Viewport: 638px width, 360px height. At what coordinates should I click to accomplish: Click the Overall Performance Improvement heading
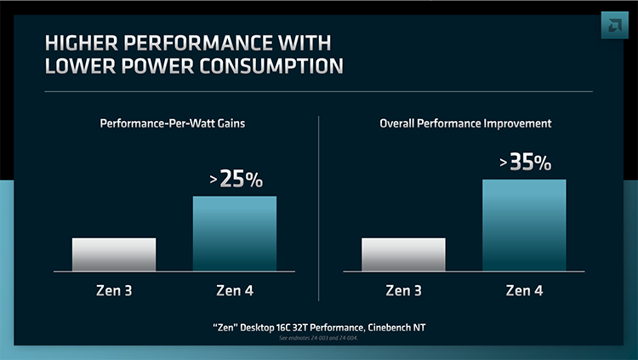(x=464, y=124)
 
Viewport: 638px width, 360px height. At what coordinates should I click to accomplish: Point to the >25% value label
(x=236, y=180)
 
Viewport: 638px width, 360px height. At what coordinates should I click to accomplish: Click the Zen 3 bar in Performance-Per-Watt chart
(x=114, y=254)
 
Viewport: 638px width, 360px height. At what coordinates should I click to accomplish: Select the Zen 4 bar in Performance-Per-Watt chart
(x=235, y=233)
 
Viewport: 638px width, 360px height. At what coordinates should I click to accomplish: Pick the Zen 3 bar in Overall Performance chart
(x=403, y=254)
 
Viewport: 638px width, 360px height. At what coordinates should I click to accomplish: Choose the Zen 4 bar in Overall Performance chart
(x=524, y=225)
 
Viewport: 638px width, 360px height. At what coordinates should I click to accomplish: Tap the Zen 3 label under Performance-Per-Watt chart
(x=114, y=291)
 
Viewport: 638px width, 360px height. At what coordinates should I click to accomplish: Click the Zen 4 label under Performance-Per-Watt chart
(x=235, y=291)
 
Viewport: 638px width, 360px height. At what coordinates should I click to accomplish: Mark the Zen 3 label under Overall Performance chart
(x=403, y=291)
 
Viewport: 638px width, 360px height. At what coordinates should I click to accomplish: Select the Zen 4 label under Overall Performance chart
(x=524, y=291)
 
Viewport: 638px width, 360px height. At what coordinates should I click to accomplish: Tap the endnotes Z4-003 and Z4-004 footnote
(x=319, y=340)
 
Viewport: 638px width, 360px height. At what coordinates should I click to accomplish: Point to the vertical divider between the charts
(x=319, y=209)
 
